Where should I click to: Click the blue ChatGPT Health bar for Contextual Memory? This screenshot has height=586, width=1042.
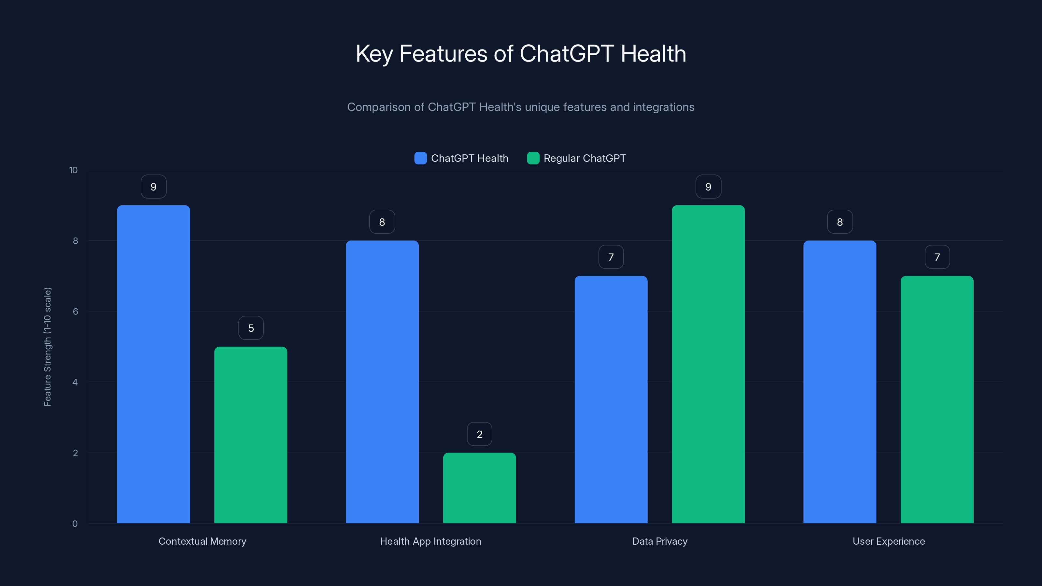pos(153,364)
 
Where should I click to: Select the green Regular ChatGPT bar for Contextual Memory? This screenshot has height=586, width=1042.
pos(250,435)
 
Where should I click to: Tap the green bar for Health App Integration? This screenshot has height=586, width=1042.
pos(479,488)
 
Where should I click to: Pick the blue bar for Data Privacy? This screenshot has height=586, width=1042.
pos(611,399)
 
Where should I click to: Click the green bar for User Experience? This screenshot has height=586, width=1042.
pos(937,399)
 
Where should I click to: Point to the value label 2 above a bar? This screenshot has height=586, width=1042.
pos(479,434)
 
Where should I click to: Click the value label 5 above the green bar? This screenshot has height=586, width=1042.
pos(251,328)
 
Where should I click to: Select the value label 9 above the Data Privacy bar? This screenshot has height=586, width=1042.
pos(708,187)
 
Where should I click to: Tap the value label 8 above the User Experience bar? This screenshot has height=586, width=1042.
pos(840,222)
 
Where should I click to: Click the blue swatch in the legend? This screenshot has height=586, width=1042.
pos(420,158)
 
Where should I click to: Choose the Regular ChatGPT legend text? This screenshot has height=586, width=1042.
pos(584,158)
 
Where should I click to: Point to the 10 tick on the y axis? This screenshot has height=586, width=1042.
pos(73,170)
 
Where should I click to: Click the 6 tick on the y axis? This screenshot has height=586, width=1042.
pos(75,312)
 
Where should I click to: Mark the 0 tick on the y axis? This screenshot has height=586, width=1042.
pos(75,524)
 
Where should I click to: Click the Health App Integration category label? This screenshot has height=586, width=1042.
pos(430,541)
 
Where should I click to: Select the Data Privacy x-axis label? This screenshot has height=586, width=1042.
pos(660,541)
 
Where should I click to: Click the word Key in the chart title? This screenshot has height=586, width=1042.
pos(374,54)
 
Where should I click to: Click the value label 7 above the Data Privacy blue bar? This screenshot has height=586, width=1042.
pos(611,257)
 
